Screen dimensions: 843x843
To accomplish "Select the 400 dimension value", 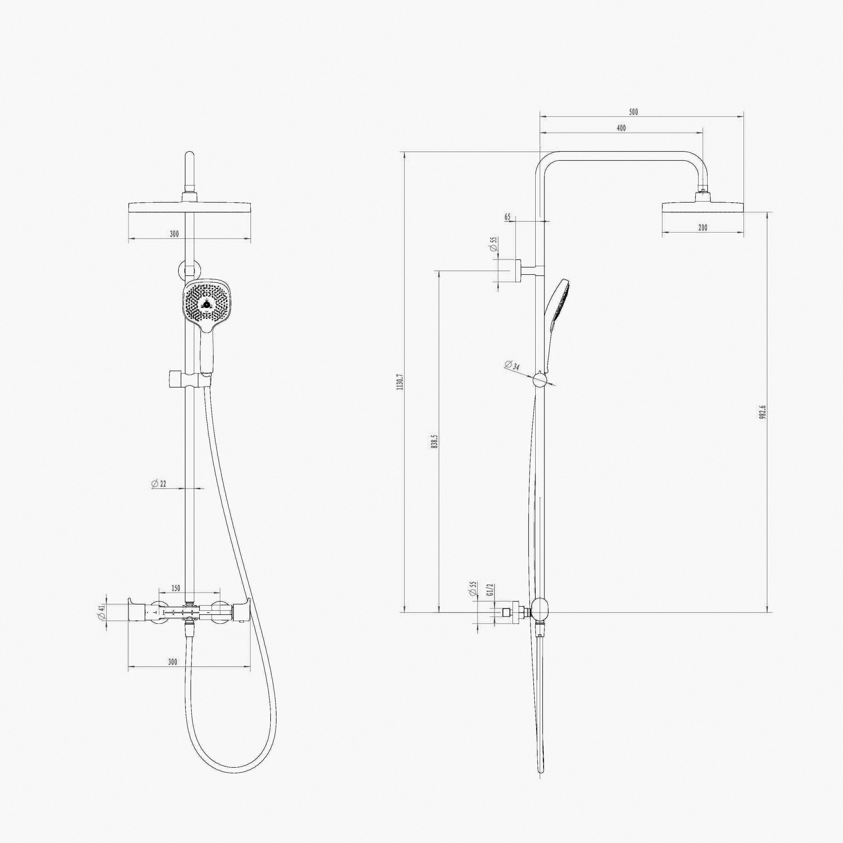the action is (621, 128).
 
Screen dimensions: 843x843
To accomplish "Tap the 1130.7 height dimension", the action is (400, 382).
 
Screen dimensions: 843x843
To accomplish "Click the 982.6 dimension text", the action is (763, 412).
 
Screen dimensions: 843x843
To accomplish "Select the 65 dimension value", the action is (507, 217).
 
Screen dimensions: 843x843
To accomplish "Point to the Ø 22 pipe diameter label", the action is (159, 483).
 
